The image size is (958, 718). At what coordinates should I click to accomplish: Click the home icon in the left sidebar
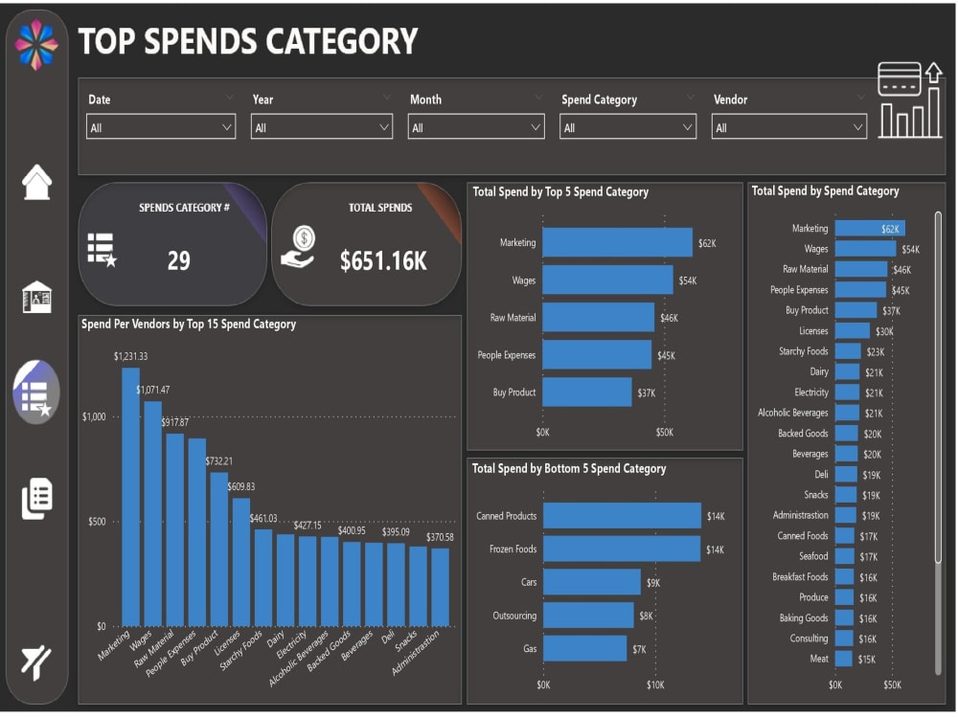click(x=36, y=182)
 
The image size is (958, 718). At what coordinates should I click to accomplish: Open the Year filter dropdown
click(x=321, y=127)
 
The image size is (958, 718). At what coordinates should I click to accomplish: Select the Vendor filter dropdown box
click(x=788, y=127)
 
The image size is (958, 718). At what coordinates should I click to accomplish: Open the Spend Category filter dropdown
click(x=627, y=127)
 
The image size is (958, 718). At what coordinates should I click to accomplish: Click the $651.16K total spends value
click(x=383, y=261)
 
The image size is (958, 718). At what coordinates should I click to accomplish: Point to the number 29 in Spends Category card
click(x=179, y=261)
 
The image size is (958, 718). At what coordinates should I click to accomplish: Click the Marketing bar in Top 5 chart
click(x=617, y=242)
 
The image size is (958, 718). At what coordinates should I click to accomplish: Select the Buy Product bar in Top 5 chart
click(x=586, y=393)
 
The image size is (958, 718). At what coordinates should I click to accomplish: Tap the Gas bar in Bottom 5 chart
click(x=584, y=648)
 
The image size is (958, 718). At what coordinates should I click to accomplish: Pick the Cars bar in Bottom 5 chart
click(x=591, y=582)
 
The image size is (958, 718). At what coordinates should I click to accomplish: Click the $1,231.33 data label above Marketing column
click(x=130, y=356)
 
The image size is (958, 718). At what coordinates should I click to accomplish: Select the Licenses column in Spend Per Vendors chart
click(x=240, y=561)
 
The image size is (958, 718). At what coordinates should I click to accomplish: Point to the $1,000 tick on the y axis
click(x=94, y=416)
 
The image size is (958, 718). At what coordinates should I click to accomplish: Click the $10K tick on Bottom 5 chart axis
click(x=655, y=684)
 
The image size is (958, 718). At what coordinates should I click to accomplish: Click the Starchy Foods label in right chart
click(x=803, y=351)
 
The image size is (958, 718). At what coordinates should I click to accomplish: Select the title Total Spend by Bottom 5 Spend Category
click(x=569, y=469)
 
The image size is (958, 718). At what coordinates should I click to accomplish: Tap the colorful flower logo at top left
click(x=36, y=45)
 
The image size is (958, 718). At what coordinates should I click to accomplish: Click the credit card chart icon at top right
click(x=909, y=101)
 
